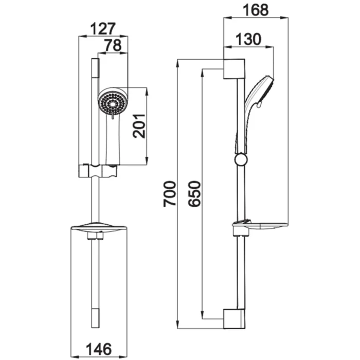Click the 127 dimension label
point(103,28)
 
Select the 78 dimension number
point(112,45)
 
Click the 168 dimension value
point(254,9)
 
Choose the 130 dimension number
point(249,39)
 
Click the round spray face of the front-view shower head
point(113,101)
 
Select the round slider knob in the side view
point(240,159)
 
